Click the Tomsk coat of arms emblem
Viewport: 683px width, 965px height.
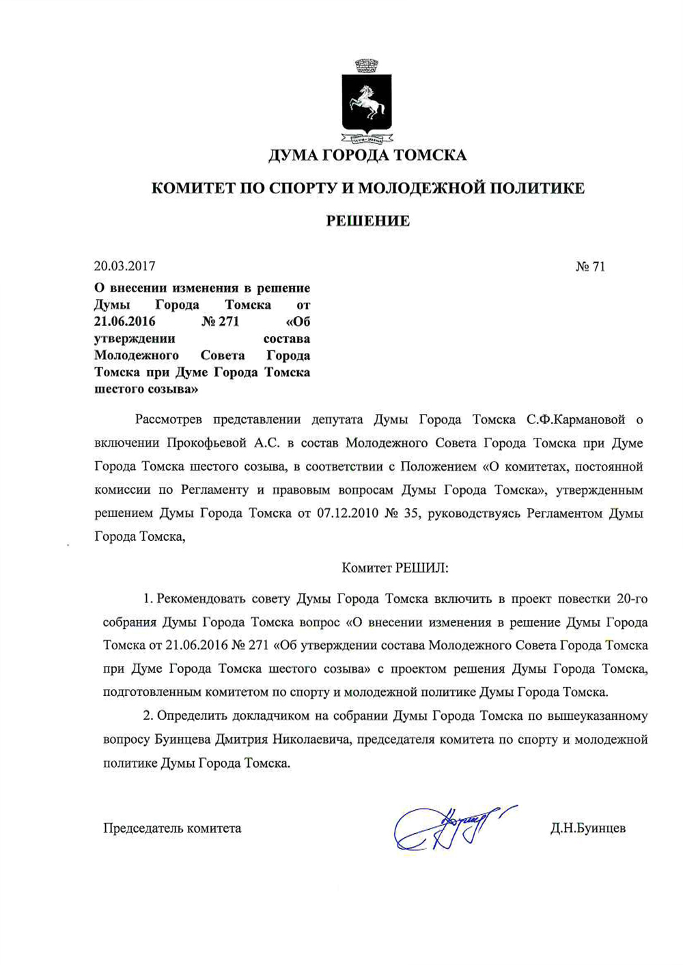click(366, 102)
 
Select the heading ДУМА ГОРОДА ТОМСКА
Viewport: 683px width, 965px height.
click(367, 155)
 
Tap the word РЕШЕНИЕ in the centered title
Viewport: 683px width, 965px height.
click(367, 221)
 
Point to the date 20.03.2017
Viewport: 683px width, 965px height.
click(125, 266)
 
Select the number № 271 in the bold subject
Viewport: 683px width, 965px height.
click(221, 322)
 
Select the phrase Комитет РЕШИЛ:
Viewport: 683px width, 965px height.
click(394, 568)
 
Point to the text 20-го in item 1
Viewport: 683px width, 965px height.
click(632, 600)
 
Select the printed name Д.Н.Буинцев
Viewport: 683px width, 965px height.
click(587, 828)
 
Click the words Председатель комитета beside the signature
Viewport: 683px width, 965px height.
click(172, 828)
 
